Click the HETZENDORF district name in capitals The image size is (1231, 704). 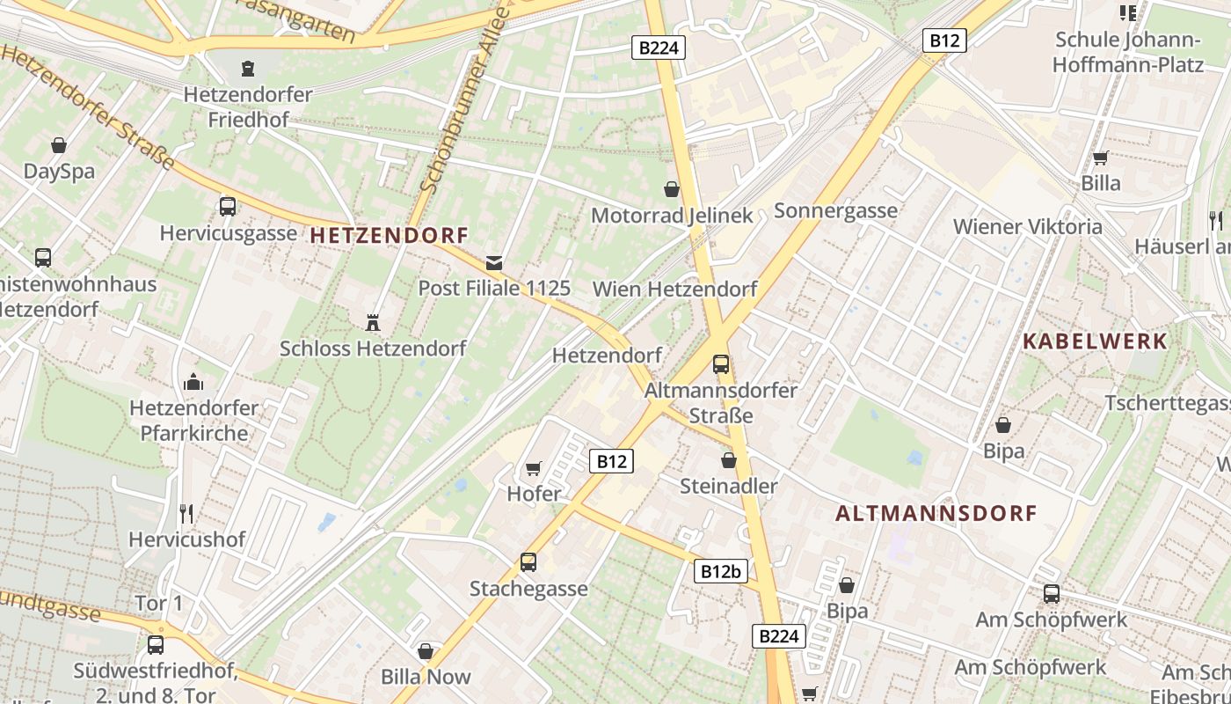click(389, 236)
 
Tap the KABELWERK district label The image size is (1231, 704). click(1095, 341)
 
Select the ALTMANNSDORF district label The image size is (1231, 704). click(936, 513)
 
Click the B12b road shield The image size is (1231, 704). click(721, 571)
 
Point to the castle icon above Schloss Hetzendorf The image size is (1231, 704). click(373, 322)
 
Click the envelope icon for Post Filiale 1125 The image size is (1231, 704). click(494, 262)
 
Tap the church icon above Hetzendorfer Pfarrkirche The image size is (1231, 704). click(193, 382)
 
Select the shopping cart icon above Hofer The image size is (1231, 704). click(534, 468)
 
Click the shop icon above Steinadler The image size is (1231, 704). click(728, 460)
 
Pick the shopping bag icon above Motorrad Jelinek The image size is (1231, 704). click(672, 189)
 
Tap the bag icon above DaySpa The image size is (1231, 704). click(59, 145)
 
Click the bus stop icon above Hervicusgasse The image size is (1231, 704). click(228, 207)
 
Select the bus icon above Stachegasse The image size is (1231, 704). click(528, 561)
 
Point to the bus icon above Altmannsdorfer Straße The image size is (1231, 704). click(721, 363)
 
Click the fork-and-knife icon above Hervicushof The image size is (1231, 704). click(186, 513)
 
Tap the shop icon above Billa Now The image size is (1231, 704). click(426, 651)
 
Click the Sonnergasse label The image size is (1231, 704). click(835, 210)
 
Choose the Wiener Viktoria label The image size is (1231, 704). click(1027, 226)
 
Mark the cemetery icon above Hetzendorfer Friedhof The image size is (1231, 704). click(248, 68)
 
